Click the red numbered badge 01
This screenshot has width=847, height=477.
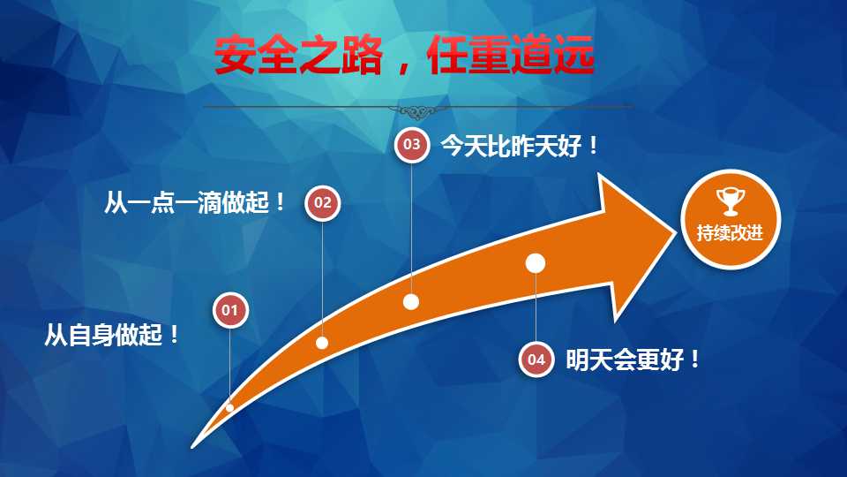230,310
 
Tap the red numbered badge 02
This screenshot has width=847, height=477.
323,203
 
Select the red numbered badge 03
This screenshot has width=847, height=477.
412,144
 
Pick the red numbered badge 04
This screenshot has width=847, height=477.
536,360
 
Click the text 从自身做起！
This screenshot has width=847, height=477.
112,335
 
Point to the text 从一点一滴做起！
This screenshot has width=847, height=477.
194,202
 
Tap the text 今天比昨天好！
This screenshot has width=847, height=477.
520,146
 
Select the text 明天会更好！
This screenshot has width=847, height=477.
633,360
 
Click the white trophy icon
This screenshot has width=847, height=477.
731,201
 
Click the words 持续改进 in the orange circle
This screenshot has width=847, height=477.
730,233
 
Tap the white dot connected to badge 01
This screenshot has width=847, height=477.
229,408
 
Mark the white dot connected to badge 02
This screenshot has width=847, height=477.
322,343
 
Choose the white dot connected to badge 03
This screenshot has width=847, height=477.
411,302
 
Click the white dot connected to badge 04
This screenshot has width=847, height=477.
536,263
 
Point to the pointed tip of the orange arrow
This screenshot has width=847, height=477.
677,231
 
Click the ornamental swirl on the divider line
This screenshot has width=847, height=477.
417,112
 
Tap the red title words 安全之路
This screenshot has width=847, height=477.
299,56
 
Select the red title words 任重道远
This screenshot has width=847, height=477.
511,55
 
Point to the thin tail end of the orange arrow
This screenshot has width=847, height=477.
193,447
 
